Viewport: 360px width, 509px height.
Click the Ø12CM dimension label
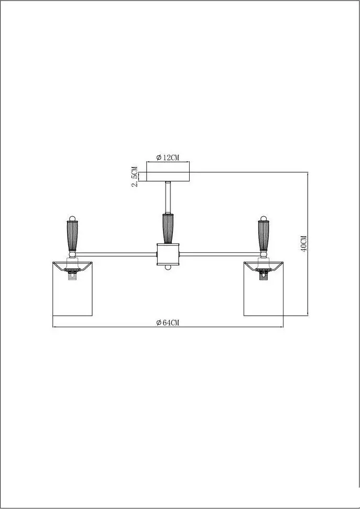[x=168, y=158]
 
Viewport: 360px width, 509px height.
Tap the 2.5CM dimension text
[x=135, y=176]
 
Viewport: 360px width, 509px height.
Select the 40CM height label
[x=304, y=244]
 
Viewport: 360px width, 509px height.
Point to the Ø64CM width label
[x=168, y=323]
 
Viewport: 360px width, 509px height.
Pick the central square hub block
[x=168, y=255]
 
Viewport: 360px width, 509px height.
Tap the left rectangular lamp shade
[x=72, y=289]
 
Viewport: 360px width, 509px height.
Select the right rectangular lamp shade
[x=264, y=289]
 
